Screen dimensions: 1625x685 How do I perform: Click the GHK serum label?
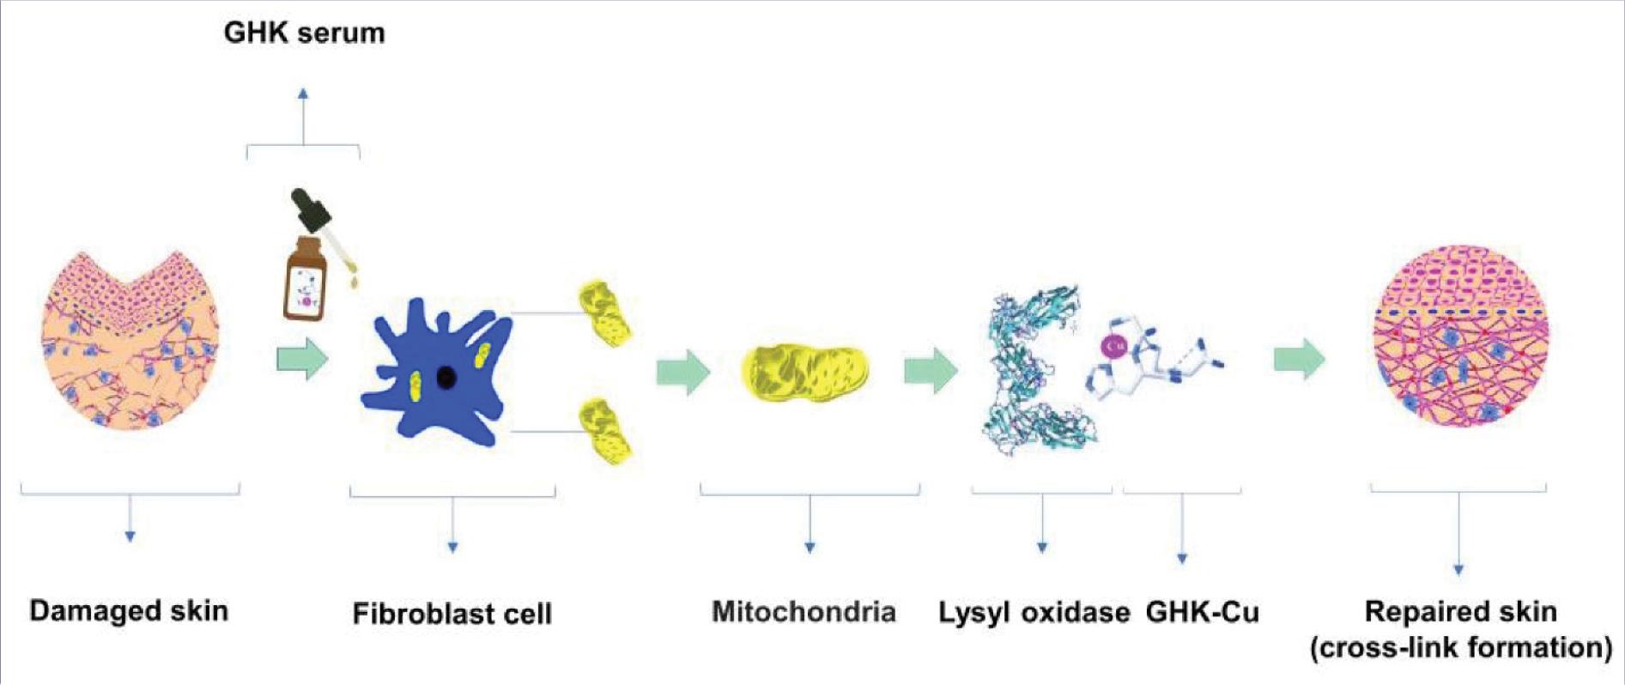point(304,33)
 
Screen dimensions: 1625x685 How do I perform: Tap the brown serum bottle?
point(306,278)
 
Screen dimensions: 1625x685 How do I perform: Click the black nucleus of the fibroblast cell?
point(446,377)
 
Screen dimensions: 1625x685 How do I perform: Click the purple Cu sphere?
point(1114,345)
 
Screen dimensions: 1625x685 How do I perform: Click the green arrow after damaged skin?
point(302,359)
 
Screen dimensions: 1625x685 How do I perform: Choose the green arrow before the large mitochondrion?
point(683,372)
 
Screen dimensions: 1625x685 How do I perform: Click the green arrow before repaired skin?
point(1300,359)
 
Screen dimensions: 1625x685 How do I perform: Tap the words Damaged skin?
point(129,611)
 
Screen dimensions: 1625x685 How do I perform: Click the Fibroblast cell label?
point(452,614)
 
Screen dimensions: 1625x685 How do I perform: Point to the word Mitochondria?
point(804,612)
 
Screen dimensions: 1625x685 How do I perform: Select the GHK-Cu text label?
point(1203,612)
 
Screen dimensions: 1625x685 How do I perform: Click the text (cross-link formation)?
point(1461,647)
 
